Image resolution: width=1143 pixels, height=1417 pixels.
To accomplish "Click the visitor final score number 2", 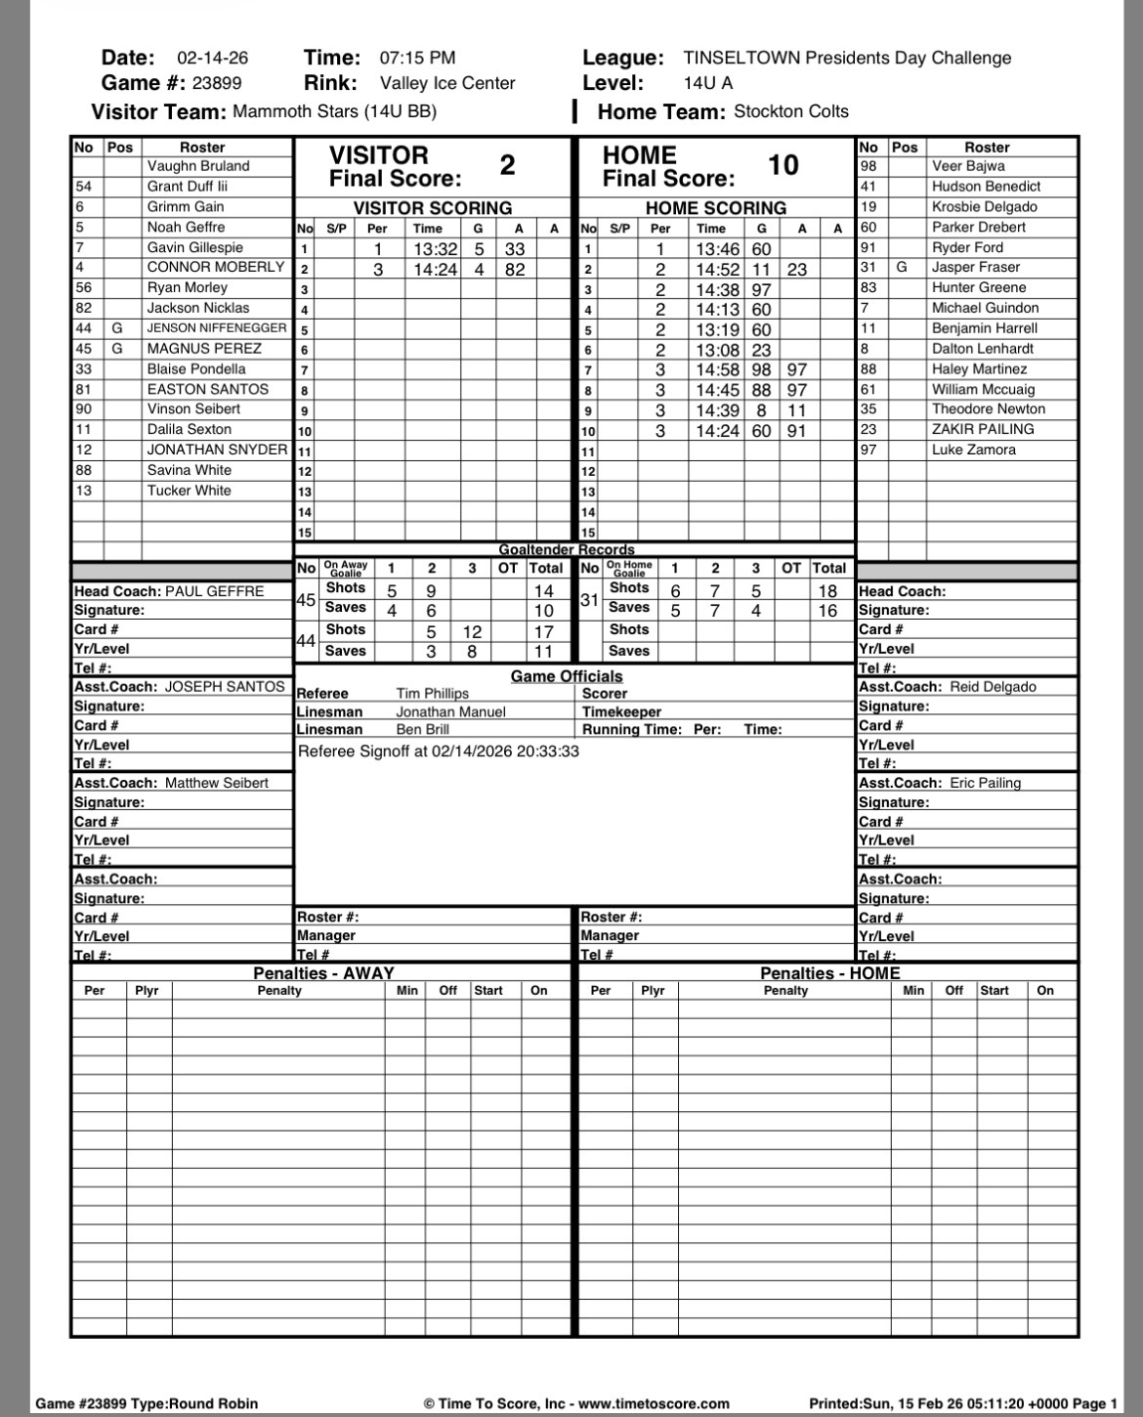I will pyautogui.click(x=507, y=165).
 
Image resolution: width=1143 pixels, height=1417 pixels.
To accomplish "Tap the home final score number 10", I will pyautogui.click(x=783, y=165).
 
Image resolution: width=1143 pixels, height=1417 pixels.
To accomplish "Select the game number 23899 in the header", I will pyautogui.click(x=217, y=83).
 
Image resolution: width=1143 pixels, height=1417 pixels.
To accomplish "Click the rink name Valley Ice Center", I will pyautogui.click(x=447, y=83).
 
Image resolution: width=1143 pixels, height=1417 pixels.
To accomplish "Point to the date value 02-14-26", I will pyautogui.click(x=213, y=58).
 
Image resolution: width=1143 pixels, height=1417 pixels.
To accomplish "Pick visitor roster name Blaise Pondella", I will pyautogui.click(x=196, y=368).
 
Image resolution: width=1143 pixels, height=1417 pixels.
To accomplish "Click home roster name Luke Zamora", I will pyautogui.click(x=973, y=450).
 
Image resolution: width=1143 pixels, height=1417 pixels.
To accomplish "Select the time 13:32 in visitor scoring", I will pyautogui.click(x=435, y=249).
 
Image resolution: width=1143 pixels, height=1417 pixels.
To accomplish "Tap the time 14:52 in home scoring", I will pyautogui.click(x=717, y=269).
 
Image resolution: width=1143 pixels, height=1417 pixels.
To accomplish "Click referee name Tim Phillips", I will pyautogui.click(x=432, y=693).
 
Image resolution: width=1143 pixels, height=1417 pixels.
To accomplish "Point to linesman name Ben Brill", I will pyautogui.click(x=422, y=729).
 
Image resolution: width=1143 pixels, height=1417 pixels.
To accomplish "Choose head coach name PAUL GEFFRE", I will pyautogui.click(x=214, y=591).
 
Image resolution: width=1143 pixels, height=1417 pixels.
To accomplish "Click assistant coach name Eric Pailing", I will pyautogui.click(x=985, y=783).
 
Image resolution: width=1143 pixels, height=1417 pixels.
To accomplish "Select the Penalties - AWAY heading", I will pyautogui.click(x=323, y=973).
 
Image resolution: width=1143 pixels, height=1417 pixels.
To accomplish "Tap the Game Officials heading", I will pyautogui.click(x=567, y=676).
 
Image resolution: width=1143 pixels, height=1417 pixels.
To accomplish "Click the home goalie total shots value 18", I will pyautogui.click(x=827, y=590).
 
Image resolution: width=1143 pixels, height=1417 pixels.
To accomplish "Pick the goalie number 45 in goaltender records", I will pyautogui.click(x=306, y=599).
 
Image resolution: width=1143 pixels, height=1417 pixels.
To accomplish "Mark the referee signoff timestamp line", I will pyautogui.click(x=438, y=751).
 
